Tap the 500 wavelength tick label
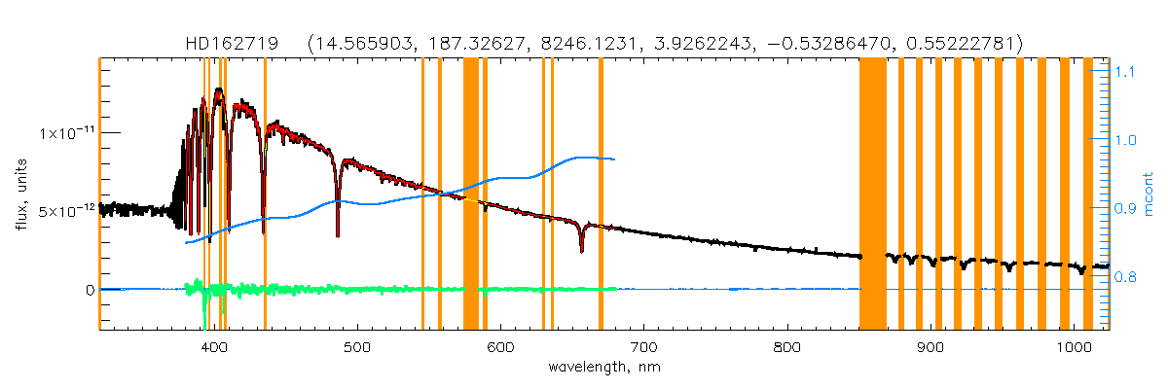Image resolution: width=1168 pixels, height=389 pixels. tap(357, 348)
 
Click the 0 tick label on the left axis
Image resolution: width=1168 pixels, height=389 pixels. tap(89, 290)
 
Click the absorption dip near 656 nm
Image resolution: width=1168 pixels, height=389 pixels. tap(581, 249)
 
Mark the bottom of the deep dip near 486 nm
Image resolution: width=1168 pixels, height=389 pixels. tap(338, 234)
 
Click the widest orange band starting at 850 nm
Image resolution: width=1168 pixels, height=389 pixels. tap(873, 194)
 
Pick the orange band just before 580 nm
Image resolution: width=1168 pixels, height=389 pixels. tap(470, 194)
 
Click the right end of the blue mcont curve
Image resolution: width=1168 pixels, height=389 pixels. tap(613, 159)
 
